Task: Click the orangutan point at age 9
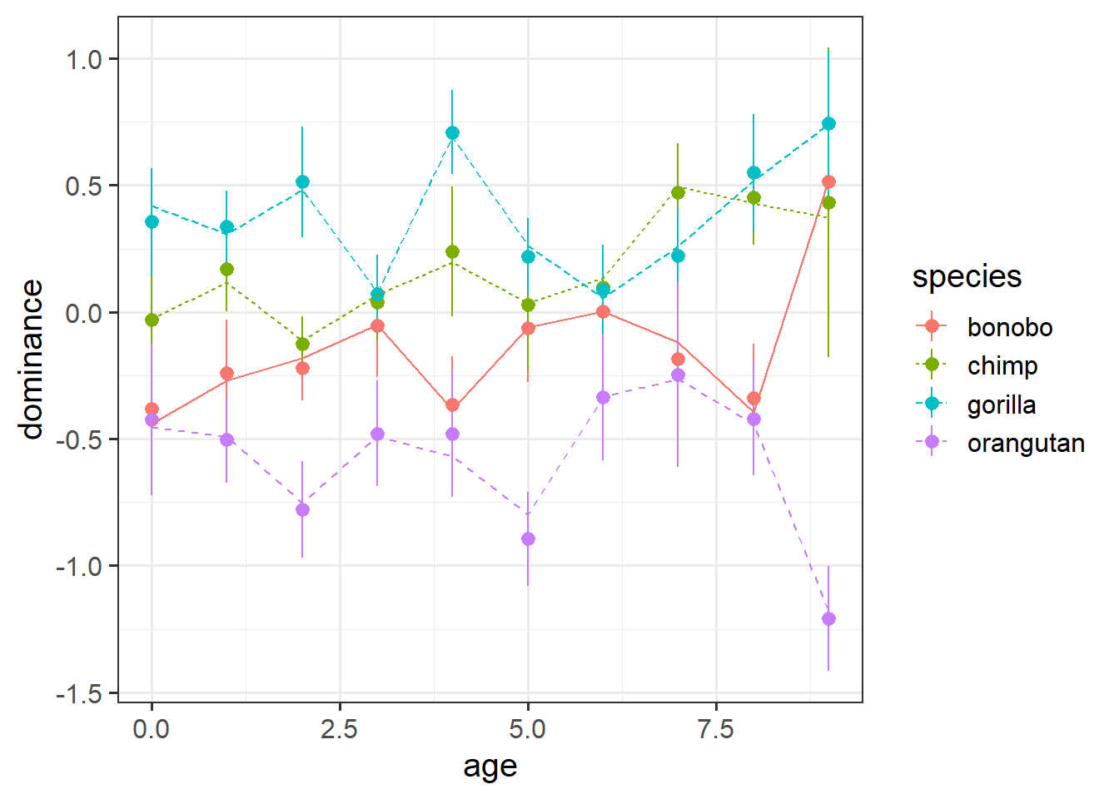828,618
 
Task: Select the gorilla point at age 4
452,133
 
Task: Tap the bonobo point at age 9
828,182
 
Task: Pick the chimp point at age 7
678,192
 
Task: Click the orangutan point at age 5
528,539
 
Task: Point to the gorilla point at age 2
302,182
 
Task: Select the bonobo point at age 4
452,405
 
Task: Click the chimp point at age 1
226,270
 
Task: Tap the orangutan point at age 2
302,509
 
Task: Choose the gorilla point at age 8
753,173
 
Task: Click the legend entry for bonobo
1009,327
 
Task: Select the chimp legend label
1002,366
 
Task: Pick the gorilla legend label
1001,405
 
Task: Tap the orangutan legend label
1025,444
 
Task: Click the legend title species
967,277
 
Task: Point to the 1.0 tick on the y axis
83,60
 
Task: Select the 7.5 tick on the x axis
715,730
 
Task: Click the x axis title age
490,767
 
